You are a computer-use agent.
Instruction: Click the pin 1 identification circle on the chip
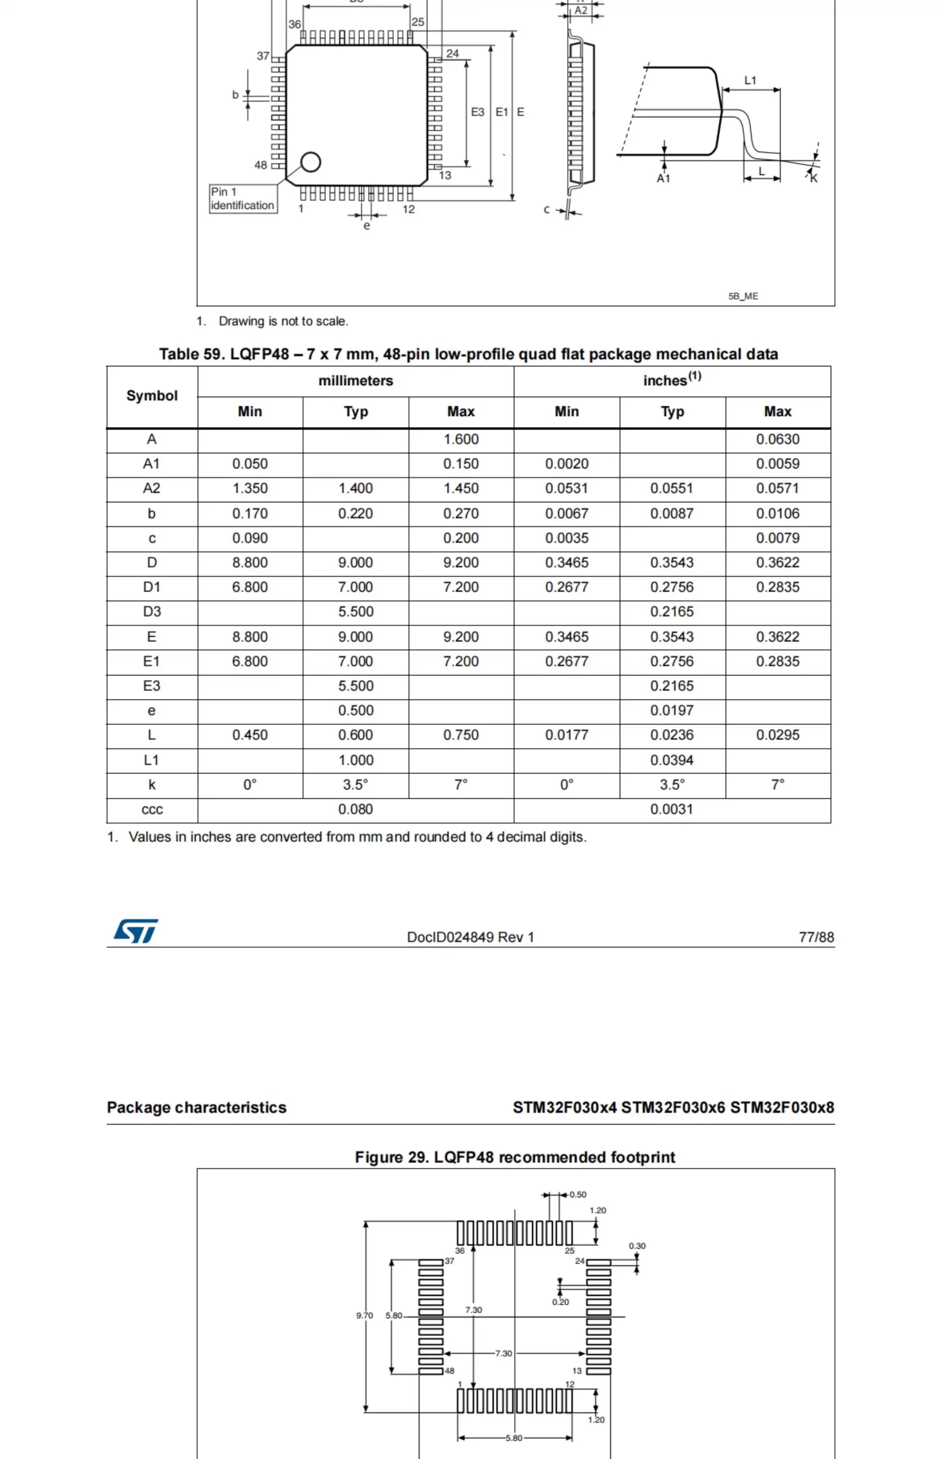[311, 162]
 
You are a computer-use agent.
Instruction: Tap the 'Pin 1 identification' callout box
[243, 199]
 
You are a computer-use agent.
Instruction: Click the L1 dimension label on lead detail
[750, 80]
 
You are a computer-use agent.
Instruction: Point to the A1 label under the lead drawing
[664, 178]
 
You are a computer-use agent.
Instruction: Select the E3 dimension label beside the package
[477, 112]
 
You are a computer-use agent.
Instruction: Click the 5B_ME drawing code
[743, 296]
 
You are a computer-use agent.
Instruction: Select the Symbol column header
[152, 396]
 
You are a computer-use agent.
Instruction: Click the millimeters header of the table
[356, 381]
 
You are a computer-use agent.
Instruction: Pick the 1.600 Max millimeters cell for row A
[460, 439]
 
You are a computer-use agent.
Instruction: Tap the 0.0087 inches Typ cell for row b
[672, 513]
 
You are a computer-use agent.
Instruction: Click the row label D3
[152, 611]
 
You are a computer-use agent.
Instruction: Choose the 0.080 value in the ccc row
[356, 809]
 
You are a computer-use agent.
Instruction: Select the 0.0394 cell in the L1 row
[672, 760]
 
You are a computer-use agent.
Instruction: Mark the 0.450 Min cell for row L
[250, 735]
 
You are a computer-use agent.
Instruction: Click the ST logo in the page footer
[136, 931]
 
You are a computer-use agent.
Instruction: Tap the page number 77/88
[816, 937]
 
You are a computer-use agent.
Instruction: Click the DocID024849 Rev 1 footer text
[470, 937]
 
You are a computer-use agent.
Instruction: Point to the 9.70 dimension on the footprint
[365, 1315]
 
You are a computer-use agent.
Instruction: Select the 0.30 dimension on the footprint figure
[637, 1245]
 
